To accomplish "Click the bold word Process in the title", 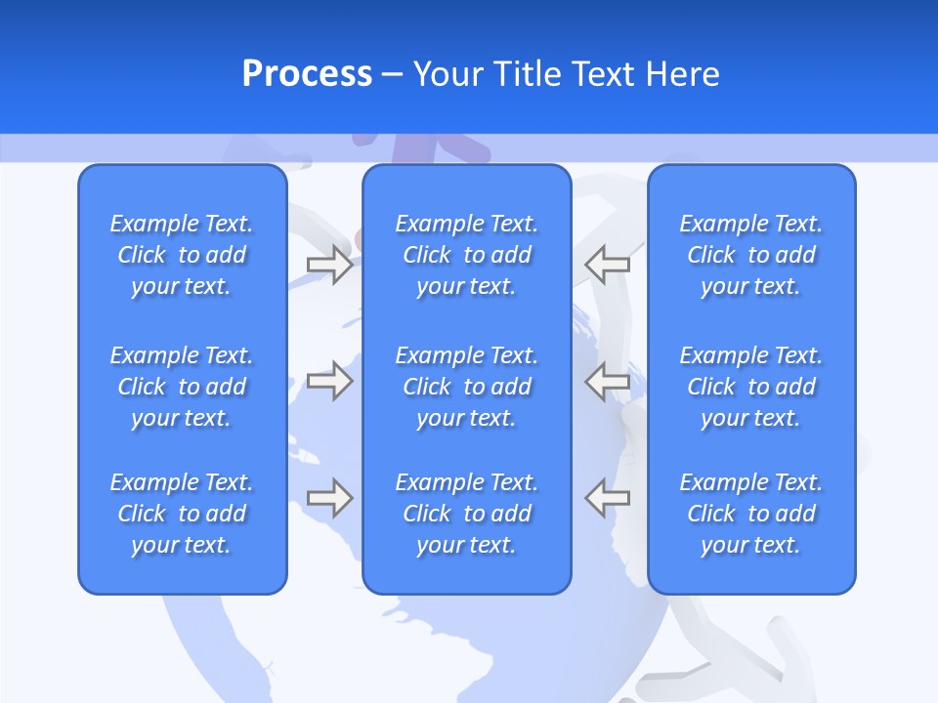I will tap(307, 74).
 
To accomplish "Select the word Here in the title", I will tap(683, 74).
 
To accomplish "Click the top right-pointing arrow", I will tap(329, 265).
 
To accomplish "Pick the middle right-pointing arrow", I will tap(329, 380).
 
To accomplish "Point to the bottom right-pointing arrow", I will tap(329, 498).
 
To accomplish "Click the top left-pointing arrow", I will tap(607, 265).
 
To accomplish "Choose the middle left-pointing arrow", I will tap(607, 380).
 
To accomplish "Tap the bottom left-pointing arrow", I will tap(607, 498).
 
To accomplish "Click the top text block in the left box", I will tap(182, 255).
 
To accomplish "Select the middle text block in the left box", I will tap(182, 387).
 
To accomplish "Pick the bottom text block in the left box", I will tap(182, 514).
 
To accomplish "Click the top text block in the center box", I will tap(466, 255).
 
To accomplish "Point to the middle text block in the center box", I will tap(466, 387).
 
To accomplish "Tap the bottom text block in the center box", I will tap(466, 514).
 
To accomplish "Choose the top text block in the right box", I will tap(750, 255).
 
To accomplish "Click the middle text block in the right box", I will tap(750, 387).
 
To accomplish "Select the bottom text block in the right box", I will tap(750, 514).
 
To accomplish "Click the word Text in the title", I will tap(603, 74).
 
